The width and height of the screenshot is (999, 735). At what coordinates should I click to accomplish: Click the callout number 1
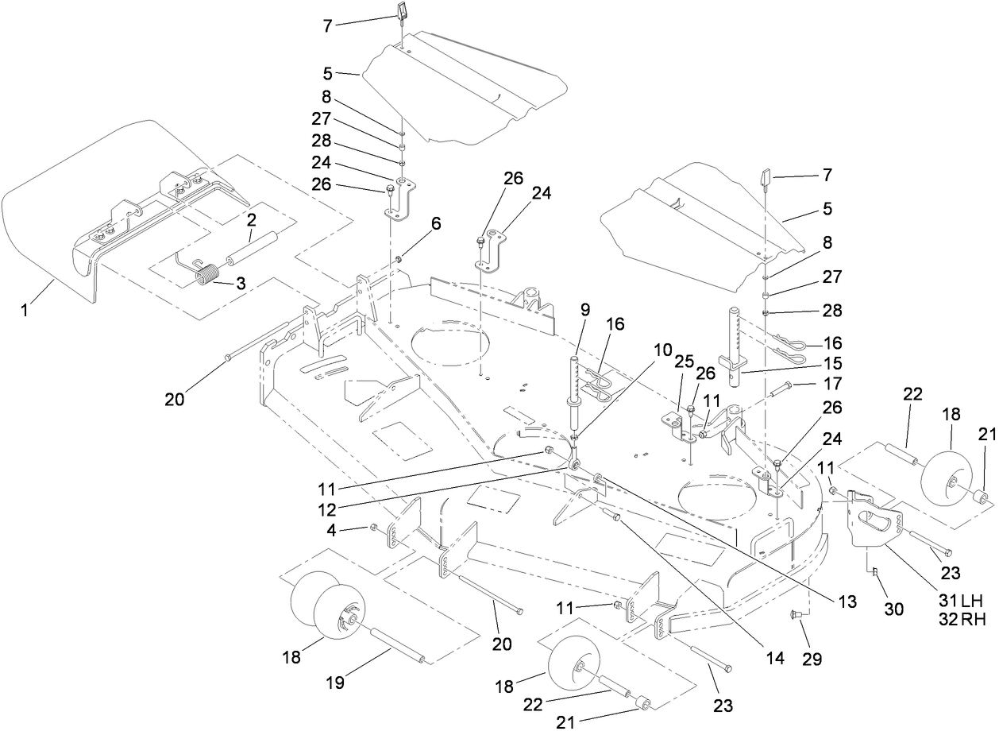pyautogui.click(x=25, y=309)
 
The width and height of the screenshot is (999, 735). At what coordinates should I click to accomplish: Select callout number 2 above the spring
pyautogui.click(x=251, y=219)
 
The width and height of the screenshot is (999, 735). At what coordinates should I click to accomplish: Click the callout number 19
pyautogui.click(x=335, y=682)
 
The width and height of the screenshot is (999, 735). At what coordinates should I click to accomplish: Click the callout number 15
pyautogui.click(x=833, y=365)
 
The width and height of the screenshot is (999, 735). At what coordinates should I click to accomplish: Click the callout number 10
pyautogui.click(x=663, y=350)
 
